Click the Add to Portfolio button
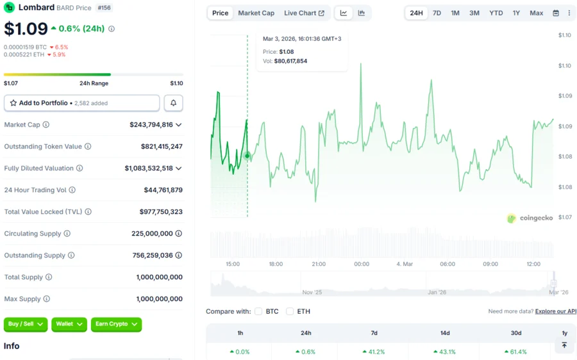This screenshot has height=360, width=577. coord(81,103)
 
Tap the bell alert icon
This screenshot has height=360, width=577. coord(173,103)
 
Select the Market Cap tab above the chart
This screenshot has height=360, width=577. coord(256,13)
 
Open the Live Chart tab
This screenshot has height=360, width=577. coord(304,13)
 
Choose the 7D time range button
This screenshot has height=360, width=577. coord(437,13)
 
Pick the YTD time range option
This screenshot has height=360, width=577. coord(496,13)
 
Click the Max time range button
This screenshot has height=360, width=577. coord(536,13)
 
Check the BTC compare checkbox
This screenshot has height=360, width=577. coord(258,311)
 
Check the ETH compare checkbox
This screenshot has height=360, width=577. coord(290,311)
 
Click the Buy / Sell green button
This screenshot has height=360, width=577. coord(26,324)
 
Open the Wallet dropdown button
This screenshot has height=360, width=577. coord(69,324)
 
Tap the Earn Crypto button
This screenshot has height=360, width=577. coord(116,324)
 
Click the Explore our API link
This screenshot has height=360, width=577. coord(556,311)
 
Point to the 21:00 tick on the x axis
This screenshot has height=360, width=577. coord(319,264)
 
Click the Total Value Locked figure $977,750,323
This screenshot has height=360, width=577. coord(161,212)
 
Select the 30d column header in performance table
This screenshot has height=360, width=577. coord(516,333)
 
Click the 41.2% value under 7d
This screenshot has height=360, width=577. coord(374,352)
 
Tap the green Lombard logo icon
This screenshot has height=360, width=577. coord(10,8)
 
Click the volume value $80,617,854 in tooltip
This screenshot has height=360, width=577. coord(290,61)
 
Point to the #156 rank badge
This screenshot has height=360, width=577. coord(104,8)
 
